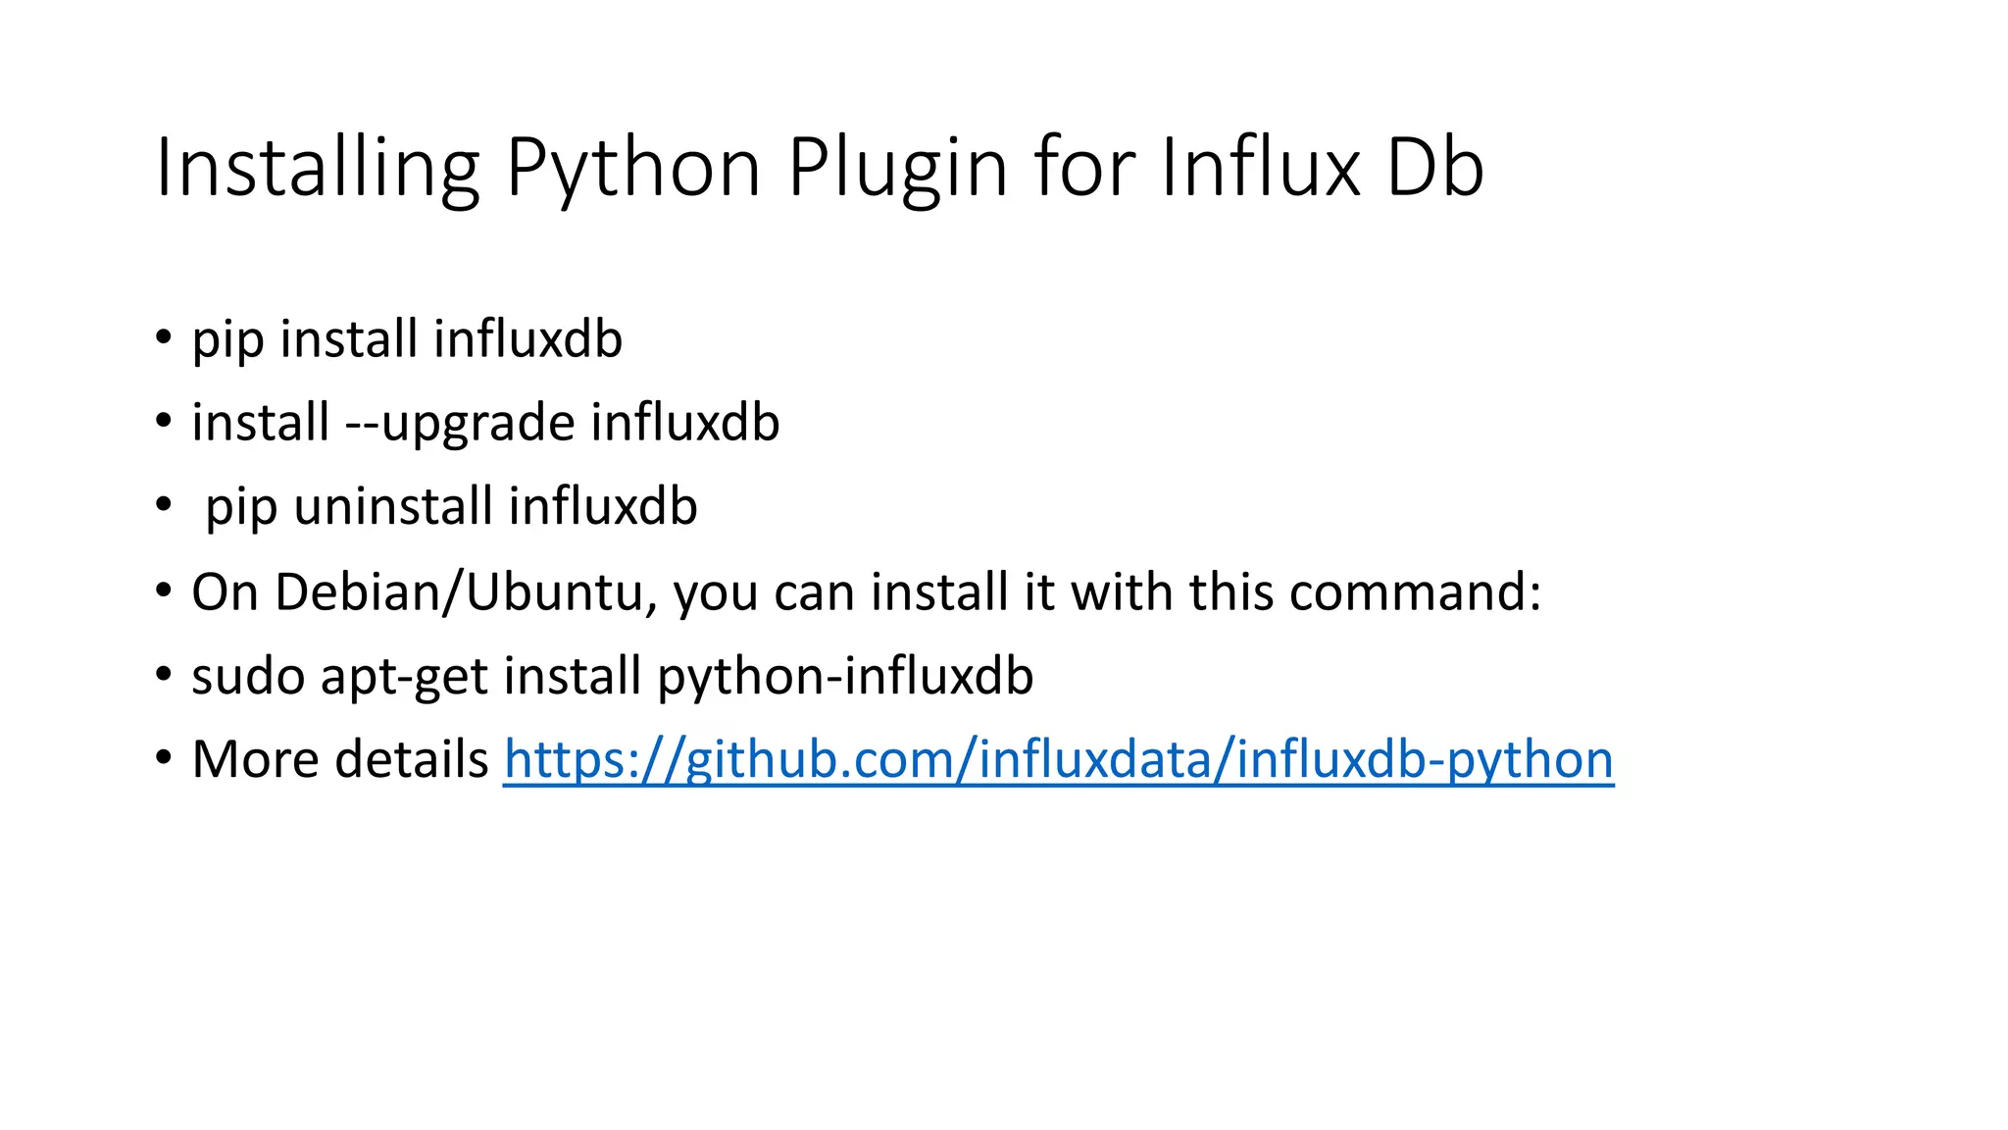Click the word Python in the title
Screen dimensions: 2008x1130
[633, 168]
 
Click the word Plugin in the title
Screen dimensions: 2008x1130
[897, 168]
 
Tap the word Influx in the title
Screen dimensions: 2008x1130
[1260, 168]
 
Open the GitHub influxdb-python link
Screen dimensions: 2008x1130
[1058, 759]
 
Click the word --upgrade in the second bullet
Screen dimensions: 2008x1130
[460, 423]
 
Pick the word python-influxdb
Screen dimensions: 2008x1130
[845, 676]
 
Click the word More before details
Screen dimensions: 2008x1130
[256, 759]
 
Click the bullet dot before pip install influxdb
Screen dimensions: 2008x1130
[164, 338]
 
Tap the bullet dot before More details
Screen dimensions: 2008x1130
[164, 759]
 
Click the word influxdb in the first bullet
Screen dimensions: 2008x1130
[527, 339]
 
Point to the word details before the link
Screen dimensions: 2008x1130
[412, 759]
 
